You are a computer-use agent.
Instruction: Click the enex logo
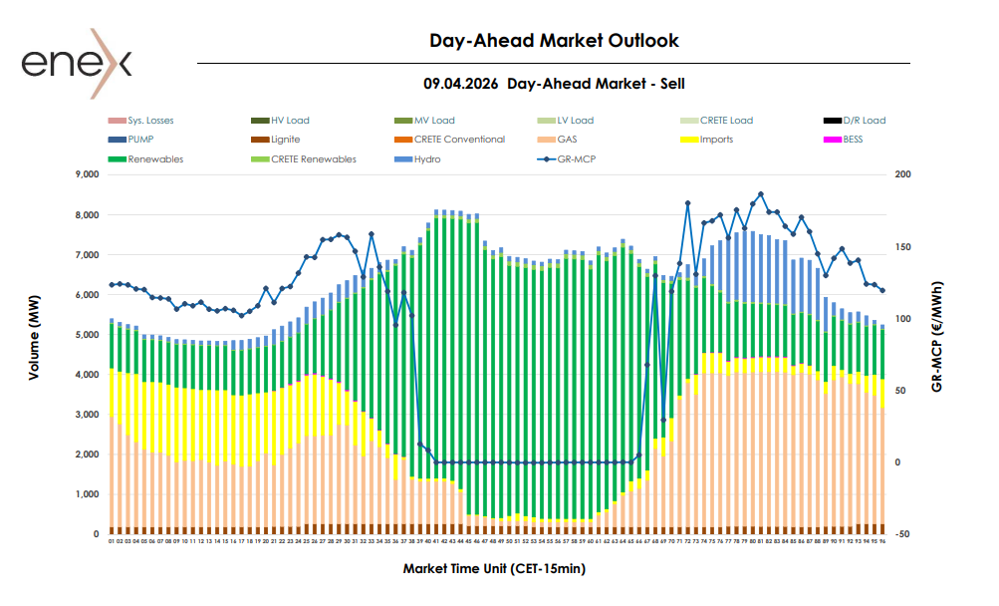(76, 66)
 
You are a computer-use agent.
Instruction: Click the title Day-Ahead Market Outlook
(554, 41)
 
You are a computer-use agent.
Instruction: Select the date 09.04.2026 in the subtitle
(461, 85)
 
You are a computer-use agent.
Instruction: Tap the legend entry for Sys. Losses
(149, 121)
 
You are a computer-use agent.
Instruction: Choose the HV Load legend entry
(290, 121)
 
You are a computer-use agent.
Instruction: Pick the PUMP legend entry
(140, 140)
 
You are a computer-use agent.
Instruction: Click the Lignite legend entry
(285, 140)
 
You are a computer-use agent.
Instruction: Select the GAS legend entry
(567, 140)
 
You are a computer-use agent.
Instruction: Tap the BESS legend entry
(853, 140)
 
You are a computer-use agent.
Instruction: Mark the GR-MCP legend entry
(574, 158)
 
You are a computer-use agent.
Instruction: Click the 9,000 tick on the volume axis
(88, 174)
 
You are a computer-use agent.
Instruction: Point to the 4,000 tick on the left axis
(88, 375)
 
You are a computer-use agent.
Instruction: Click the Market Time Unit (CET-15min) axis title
(494, 569)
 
